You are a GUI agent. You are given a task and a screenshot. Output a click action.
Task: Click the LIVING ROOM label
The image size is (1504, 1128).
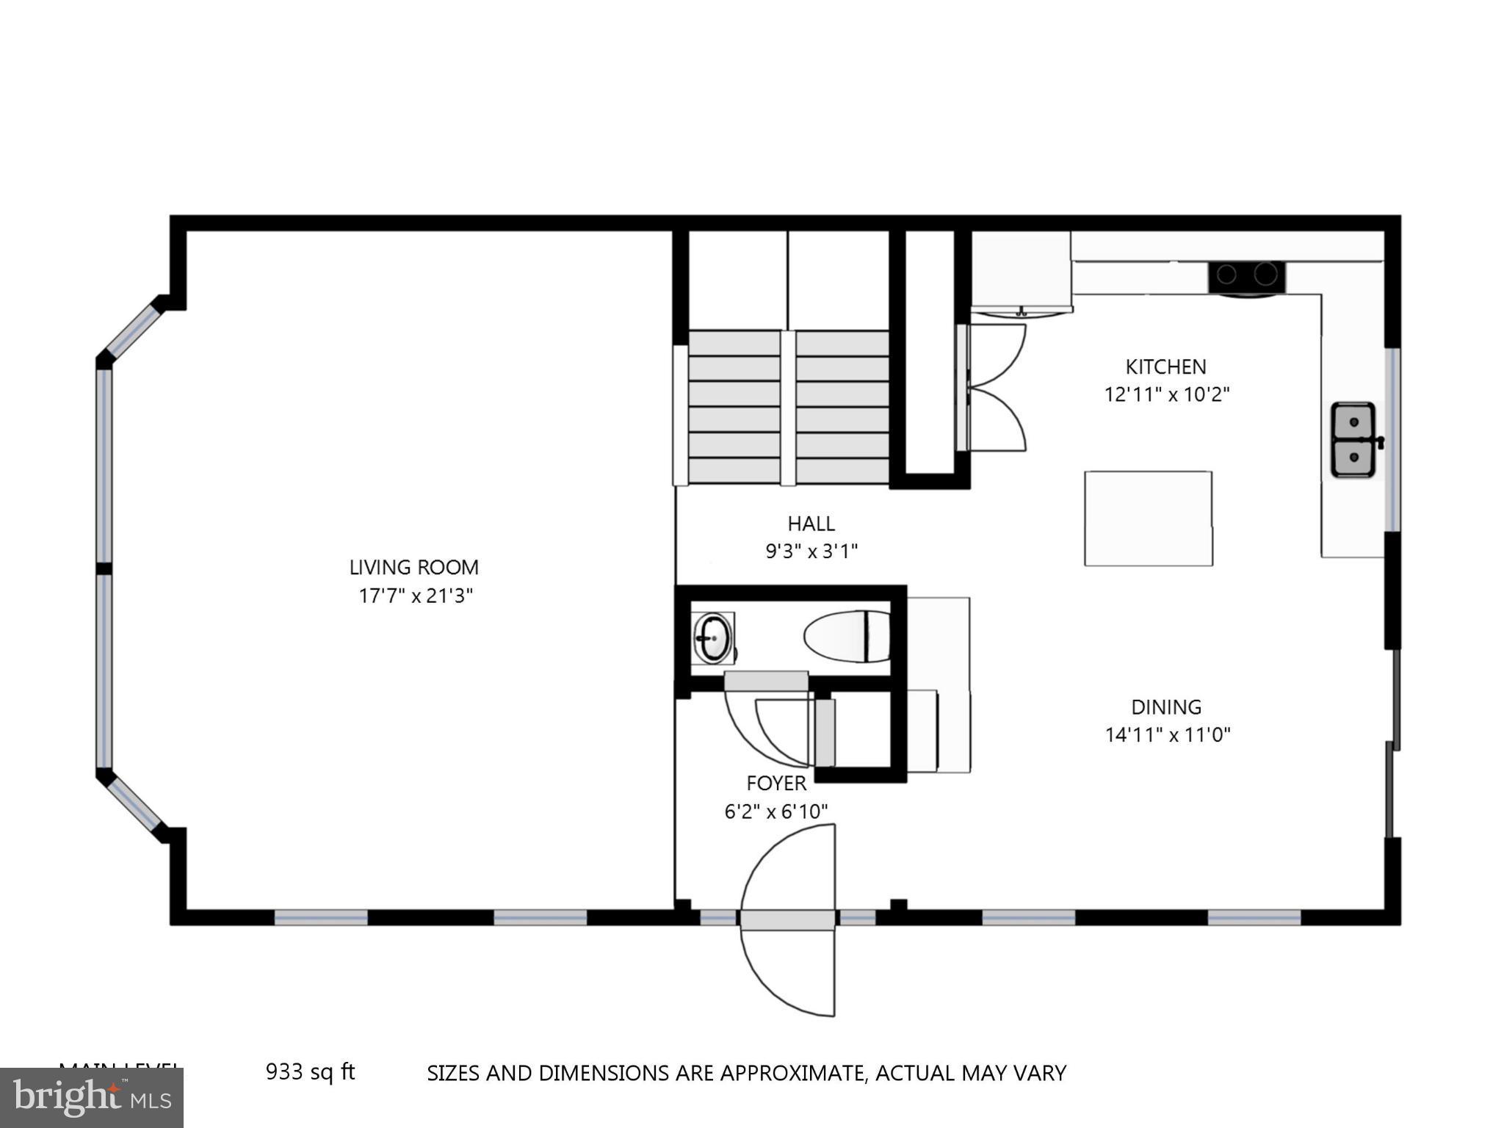(413, 567)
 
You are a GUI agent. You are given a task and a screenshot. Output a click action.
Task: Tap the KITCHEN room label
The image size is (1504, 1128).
(1165, 366)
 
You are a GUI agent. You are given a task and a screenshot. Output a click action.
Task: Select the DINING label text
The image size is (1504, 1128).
(1165, 706)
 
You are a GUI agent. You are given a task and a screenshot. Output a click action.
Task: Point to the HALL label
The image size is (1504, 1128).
(811, 524)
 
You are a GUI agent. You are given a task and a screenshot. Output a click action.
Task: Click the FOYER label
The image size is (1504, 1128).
(776, 783)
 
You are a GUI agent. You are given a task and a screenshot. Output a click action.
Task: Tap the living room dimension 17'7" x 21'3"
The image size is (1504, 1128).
(415, 595)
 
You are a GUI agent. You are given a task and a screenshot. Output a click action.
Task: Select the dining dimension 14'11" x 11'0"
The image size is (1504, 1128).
(1167, 734)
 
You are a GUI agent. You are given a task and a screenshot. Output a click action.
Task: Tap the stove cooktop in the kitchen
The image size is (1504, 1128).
(1246, 275)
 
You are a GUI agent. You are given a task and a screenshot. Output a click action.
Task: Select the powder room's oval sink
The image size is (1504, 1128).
(712, 637)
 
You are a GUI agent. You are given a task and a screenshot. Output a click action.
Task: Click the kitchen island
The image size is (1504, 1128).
(1148, 518)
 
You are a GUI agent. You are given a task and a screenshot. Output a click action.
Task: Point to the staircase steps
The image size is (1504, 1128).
(781, 408)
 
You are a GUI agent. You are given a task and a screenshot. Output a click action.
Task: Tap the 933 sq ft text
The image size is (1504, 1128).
(310, 1072)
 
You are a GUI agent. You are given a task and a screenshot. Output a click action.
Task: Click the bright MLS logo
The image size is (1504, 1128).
(92, 1098)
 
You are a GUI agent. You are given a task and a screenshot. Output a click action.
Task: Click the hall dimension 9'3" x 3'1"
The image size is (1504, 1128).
(811, 551)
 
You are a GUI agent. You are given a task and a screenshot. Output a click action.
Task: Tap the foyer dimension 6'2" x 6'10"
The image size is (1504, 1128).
(776, 811)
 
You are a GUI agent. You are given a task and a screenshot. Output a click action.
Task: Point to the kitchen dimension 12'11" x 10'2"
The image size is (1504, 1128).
(1167, 394)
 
